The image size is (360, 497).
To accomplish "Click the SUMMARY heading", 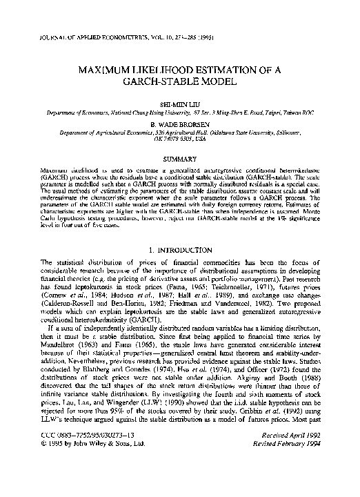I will click(179, 159).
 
